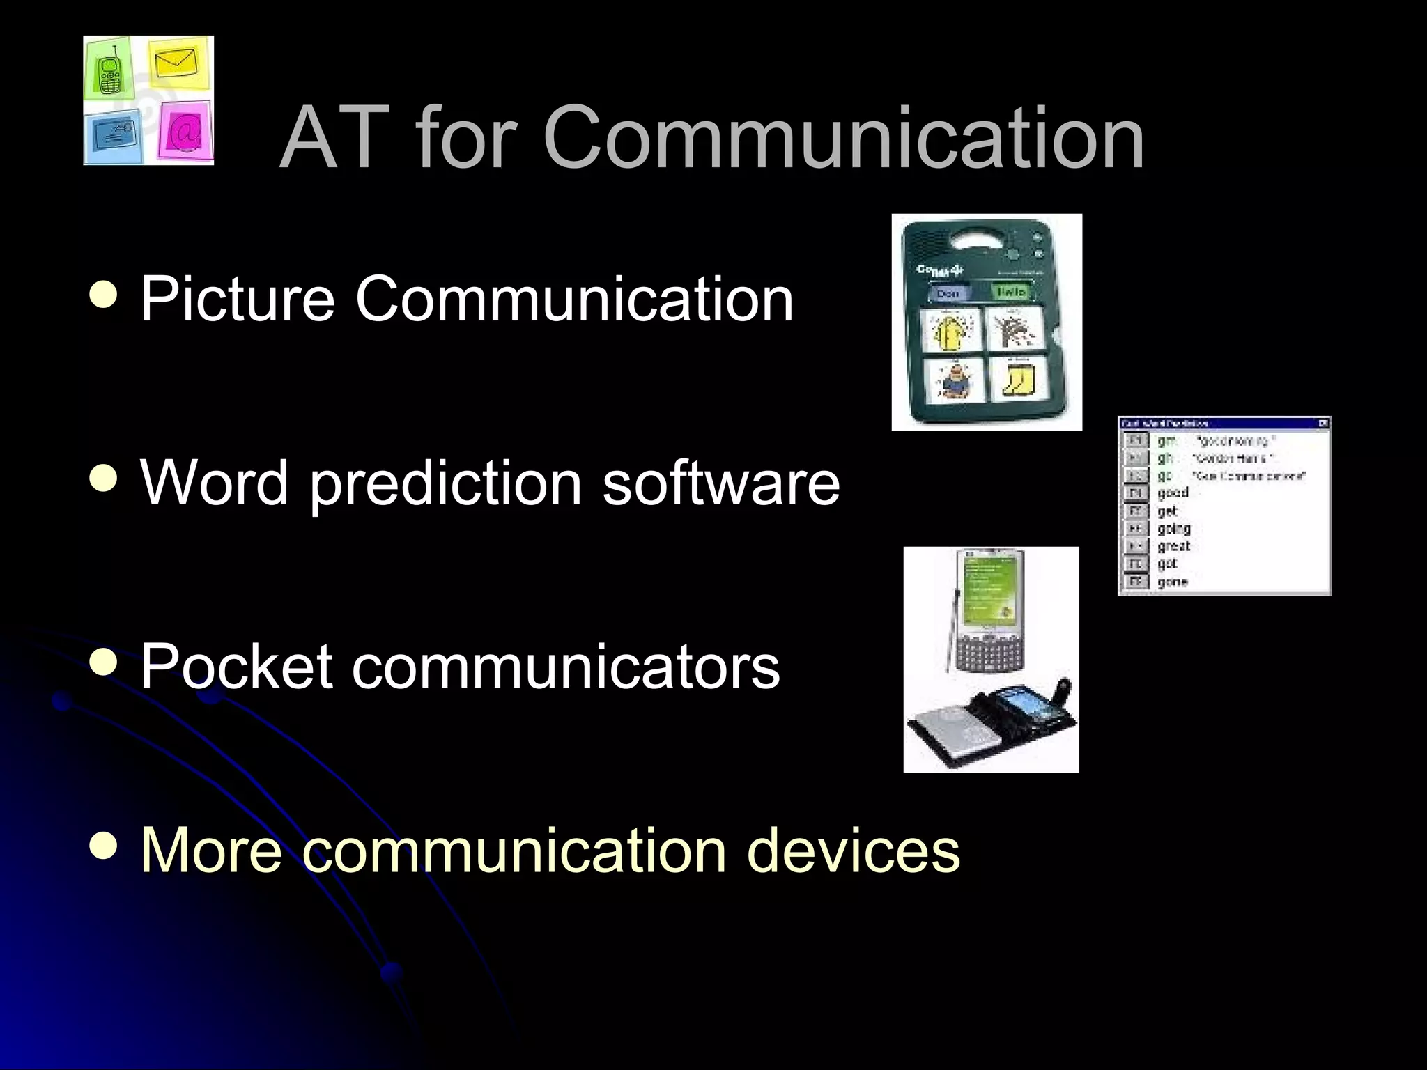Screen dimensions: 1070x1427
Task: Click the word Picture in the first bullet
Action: [x=238, y=300]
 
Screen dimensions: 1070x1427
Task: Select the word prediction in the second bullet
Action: [x=445, y=484]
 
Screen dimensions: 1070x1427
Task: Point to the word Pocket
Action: [x=236, y=667]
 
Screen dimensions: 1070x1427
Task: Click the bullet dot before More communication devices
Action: [x=105, y=846]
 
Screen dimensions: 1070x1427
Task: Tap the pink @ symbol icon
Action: [x=185, y=131]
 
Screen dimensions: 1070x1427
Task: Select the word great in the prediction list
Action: [x=1173, y=546]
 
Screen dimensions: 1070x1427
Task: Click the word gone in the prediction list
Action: [x=1172, y=582]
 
